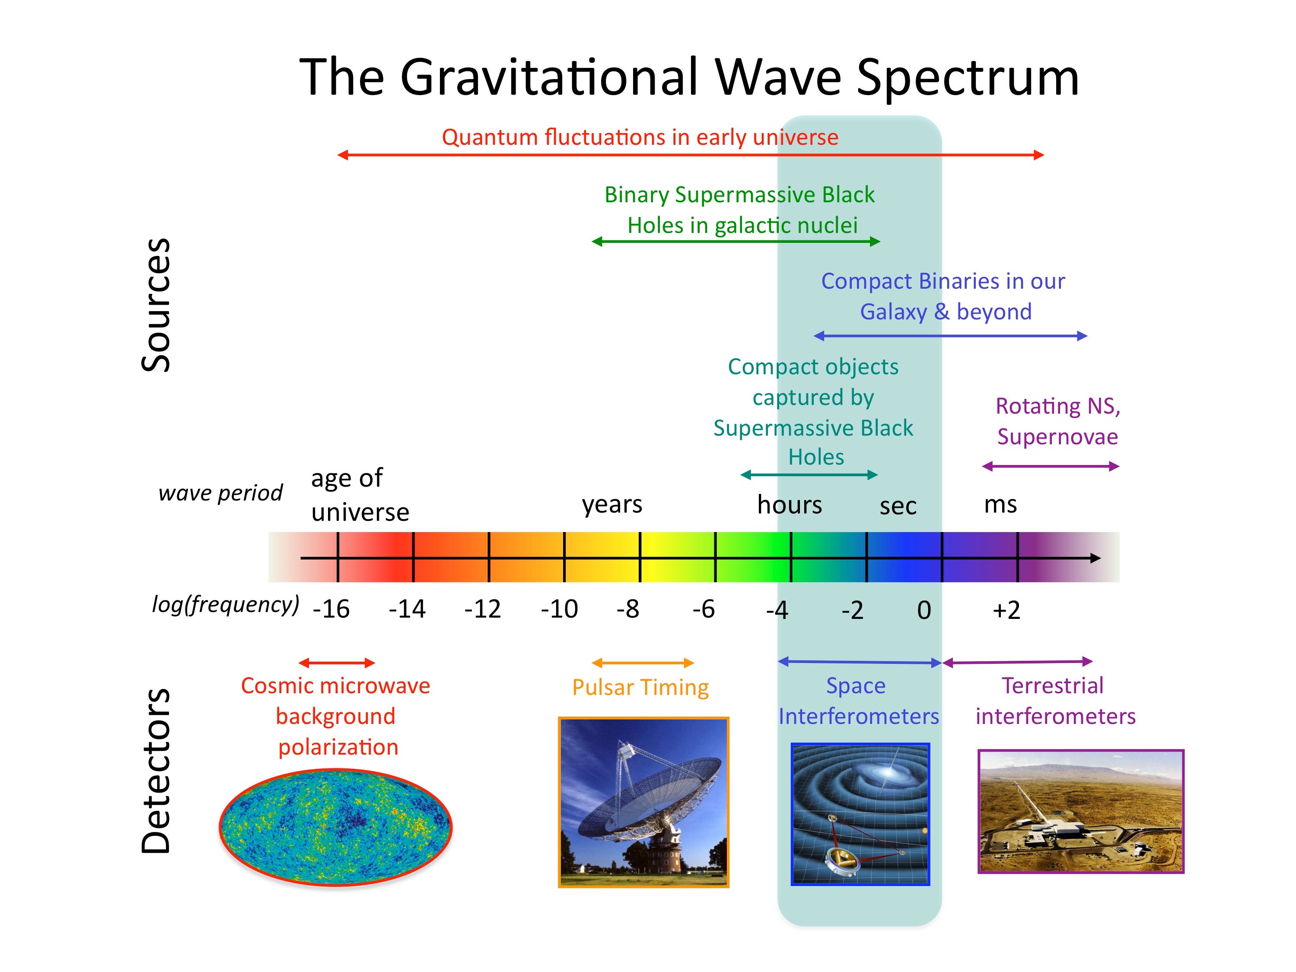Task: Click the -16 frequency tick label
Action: point(331,609)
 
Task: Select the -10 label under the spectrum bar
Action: point(559,609)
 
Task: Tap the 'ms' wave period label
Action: point(1000,504)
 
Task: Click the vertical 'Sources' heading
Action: point(156,305)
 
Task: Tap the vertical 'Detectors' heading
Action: point(156,771)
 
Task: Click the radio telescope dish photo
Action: point(643,802)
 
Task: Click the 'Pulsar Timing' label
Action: point(640,687)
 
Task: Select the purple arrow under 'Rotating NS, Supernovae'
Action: point(1050,466)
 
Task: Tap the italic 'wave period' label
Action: point(220,493)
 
